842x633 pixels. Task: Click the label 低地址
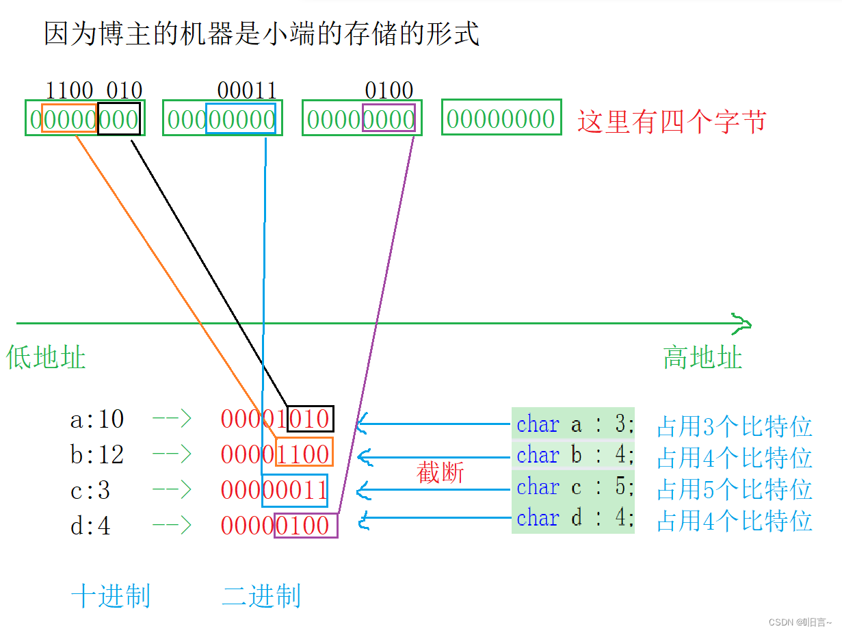pos(46,358)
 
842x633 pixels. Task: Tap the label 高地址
pos(702,358)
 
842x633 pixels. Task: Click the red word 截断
pos(440,473)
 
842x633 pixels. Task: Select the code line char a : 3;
pos(574,424)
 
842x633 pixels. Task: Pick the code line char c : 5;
pos(574,487)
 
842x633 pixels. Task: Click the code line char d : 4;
pos(574,518)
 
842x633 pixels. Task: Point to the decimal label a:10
pos(97,419)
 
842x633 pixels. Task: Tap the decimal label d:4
pos(90,526)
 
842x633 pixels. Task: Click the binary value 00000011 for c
pos(274,490)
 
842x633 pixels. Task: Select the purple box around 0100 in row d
pos(306,526)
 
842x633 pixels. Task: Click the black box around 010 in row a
pos(310,419)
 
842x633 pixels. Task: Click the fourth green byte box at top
pos(501,118)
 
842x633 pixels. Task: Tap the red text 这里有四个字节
pos(672,121)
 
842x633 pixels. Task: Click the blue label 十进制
pos(111,596)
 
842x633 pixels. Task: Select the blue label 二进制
pos(261,596)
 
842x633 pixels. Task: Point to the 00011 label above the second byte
pos(247,90)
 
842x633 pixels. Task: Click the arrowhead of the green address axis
pos(741,324)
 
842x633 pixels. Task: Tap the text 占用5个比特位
pos(734,489)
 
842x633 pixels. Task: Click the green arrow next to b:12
pos(171,454)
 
